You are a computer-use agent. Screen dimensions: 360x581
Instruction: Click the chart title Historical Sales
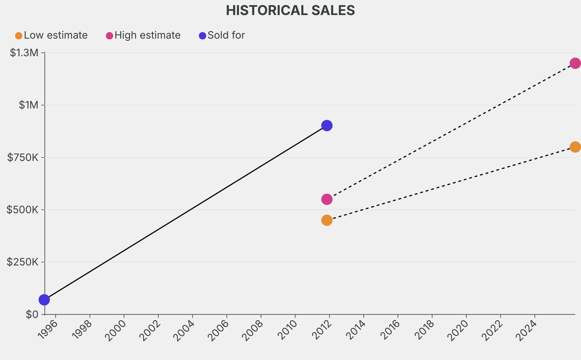[x=290, y=10]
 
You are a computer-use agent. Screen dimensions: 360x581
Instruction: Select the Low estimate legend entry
[x=51, y=35]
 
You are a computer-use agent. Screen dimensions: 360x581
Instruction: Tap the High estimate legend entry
[x=143, y=35]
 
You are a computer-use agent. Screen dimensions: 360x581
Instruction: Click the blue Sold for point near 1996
[x=44, y=299]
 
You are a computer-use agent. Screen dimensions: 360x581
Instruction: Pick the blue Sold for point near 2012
[x=327, y=125]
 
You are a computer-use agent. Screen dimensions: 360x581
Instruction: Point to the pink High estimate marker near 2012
[x=327, y=199]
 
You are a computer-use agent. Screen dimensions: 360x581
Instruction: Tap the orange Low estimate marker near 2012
[x=327, y=220]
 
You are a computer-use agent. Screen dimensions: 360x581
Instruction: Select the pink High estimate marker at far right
[x=575, y=63]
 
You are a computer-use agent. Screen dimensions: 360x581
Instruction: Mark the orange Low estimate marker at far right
[x=575, y=147]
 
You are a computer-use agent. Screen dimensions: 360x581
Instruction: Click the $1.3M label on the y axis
[x=24, y=53]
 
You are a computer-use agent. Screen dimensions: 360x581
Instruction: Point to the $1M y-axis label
[x=27, y=105]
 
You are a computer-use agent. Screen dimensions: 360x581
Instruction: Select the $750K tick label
[x=23, y=157]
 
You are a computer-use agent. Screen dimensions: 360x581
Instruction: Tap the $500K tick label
[x=23, y=210]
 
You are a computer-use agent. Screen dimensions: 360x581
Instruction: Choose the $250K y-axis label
[x=23, y=262]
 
